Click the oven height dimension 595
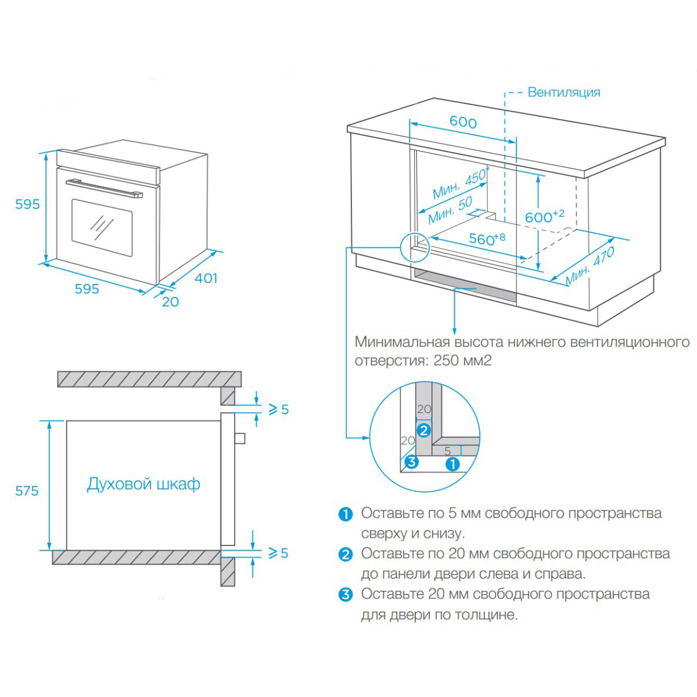click(27, 204)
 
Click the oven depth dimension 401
click(206, 278)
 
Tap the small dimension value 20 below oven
click(170, 301)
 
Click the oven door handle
click(104, 188)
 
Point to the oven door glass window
click(102, 227)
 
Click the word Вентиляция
click(563, 92)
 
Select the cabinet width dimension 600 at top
click(463, 122)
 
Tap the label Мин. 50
click(450, 210)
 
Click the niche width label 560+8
click(487, 238)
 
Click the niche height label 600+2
click(544, 217)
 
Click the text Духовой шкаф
click(143, 484)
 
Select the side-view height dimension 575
click(27, 491)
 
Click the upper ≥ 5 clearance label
click(278, 409)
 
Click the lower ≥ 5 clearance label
click(278, 553)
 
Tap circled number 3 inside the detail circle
click(411, 462)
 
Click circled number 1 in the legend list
click(346, 514)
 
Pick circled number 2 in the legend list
click(346, 554)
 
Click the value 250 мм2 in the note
click(462, 361)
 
